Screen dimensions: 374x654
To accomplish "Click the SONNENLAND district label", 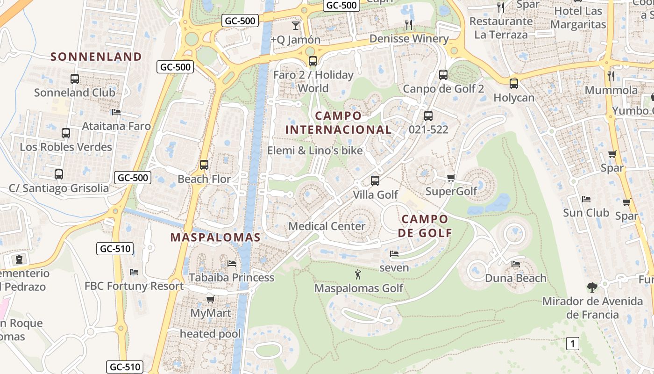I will pos(96,57).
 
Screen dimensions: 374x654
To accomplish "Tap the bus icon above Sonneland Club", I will pos(75,79).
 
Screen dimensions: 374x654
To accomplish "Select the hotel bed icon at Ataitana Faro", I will pos(116,112).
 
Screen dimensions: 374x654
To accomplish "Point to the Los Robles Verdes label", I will pos(66,147).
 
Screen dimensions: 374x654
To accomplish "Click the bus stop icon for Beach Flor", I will pos(204,165).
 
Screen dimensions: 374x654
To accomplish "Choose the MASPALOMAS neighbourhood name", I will pos(215,237).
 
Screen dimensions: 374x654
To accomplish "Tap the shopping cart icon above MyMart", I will pos(210,299).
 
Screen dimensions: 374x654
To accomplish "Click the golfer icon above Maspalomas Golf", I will pos(358,274).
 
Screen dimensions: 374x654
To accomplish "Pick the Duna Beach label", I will pos(515,278).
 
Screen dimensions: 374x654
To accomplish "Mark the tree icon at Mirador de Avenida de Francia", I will pos(592,287).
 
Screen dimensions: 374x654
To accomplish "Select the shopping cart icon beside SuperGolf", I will pos(451,178).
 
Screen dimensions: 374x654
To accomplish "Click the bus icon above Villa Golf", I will pos(375,180).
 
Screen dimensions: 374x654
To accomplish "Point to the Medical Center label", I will pos(327,226).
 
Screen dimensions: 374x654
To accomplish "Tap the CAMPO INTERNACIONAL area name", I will pos(338,122).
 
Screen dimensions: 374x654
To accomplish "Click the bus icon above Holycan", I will pos(514,84).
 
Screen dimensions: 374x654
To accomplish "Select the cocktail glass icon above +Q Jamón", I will pos(295,25).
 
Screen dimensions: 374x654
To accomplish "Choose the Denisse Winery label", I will pos(409,39).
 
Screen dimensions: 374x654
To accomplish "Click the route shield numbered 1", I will pos(573,344).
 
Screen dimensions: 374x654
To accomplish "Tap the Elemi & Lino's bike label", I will pos(315,151).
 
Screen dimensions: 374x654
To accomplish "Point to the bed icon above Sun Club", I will pos(586,199).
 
